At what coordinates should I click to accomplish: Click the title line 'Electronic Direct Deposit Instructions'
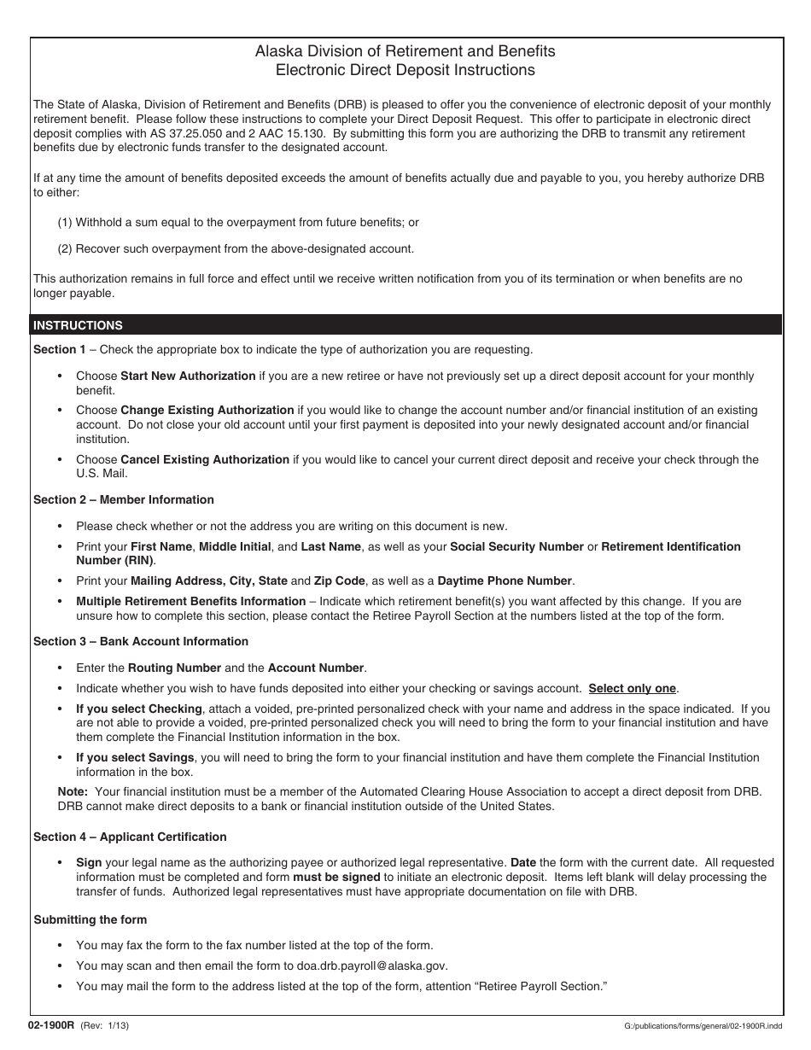pos(405,71)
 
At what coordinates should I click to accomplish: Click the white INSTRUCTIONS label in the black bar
pos(78,325)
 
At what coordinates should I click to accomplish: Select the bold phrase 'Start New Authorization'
pos(188,376)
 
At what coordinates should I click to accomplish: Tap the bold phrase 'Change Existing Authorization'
pos(207,410)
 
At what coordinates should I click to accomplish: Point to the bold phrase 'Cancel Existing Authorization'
pos(205,459)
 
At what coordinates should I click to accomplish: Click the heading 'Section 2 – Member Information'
pos(124,499)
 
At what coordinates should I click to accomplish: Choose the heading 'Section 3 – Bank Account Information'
pos(141,641)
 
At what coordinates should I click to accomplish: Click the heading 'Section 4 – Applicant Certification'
pos(130,837)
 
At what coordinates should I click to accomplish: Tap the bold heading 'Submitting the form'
pos(90,919)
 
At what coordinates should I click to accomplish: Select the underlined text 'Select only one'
pos(632,688)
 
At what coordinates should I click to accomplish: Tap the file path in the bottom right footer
pos(705,1024)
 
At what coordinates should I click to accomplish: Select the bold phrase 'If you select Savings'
pos(135,757)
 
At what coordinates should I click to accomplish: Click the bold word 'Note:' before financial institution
pos(73,791)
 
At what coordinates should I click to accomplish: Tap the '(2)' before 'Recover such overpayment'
pos(65,248)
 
